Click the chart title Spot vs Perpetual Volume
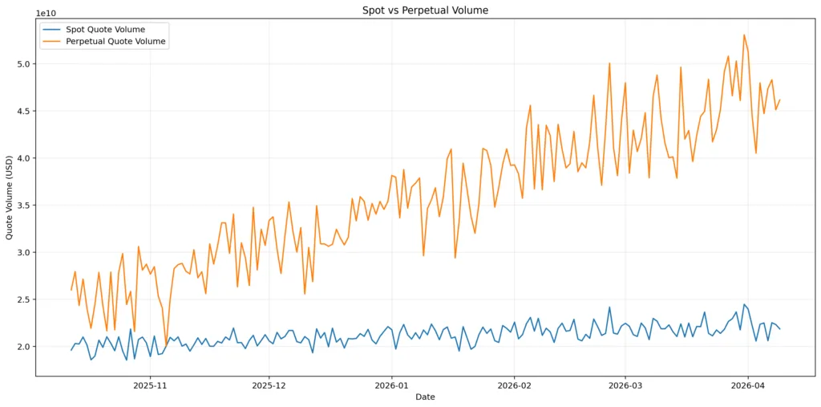click(426, 10)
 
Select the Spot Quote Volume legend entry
click(106, 30)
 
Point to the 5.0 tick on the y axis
click(23, 63)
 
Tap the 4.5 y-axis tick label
click(23, 111)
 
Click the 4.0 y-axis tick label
click(23, 158)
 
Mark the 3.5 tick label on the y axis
click(23, 206)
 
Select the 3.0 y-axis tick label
click(23, 252)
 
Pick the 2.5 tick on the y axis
click(23, 299)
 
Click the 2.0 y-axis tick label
click(23, 347)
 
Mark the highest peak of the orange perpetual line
click(744, 35)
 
